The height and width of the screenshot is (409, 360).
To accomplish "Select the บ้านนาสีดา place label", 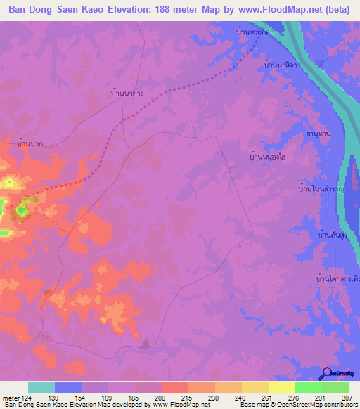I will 281,65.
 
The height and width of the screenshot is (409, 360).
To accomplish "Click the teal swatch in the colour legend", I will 41,387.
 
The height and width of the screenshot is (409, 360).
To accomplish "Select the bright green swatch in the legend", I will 309,387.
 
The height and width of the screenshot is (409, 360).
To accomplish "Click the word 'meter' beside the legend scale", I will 11,398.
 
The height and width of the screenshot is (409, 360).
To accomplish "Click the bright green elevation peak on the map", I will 22,209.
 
